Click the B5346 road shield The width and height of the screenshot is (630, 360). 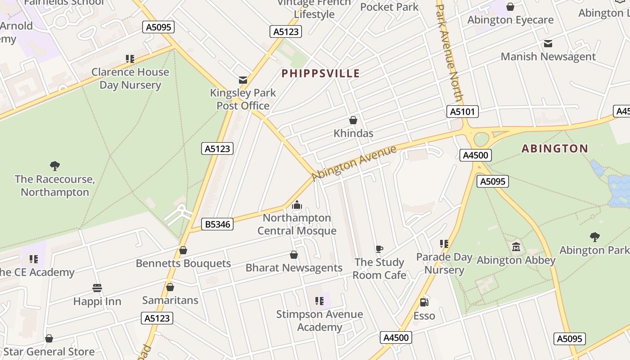(x=218, y=224)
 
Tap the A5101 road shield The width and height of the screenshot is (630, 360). (x=462, y=112)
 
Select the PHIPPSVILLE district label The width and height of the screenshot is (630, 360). (x=320, y=73)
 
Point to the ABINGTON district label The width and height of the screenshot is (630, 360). (x=555, y=148)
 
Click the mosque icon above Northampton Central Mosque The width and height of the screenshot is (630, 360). (x=297, y=206)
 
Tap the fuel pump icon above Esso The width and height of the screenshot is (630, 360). (x=424, y=302)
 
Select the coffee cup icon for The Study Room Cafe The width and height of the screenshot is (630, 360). (x=379, y=249)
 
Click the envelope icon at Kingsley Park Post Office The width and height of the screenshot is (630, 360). (x=243, y=80)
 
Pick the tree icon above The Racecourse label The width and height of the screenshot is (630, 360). (x=55, y=166)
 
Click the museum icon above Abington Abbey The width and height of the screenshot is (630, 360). (x=516, y=247)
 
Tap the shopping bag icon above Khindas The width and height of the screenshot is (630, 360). (x=353, y=120)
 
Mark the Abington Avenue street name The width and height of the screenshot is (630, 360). (x=354, y=162)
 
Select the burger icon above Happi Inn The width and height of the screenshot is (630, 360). (x=97, y=288)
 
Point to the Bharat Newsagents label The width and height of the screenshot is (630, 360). (x=294, y=268)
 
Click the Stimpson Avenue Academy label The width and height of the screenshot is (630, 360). (x=319, y=320)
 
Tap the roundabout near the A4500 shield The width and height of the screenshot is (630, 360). (x=481, y=139)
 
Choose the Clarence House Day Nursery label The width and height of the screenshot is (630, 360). (x=130, y=78)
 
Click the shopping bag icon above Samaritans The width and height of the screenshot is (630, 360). (x=170, y=287)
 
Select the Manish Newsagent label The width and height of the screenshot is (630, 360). (x=548, y=57)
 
